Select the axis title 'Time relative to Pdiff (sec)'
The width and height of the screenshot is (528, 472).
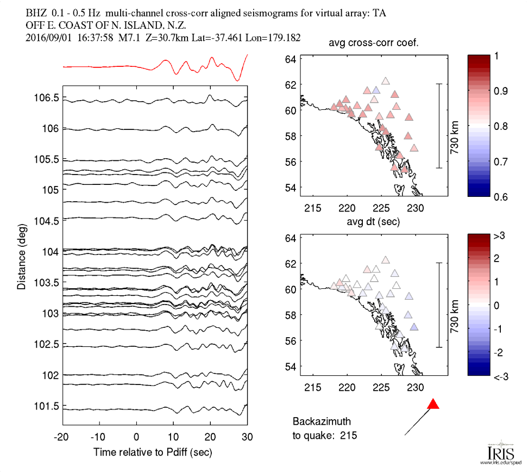click(153, 451)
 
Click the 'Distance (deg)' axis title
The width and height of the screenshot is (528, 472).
click(22, 255)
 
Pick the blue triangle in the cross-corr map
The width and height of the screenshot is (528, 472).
click(376, 90)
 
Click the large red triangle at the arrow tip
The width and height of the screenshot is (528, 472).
click(433, 404)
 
